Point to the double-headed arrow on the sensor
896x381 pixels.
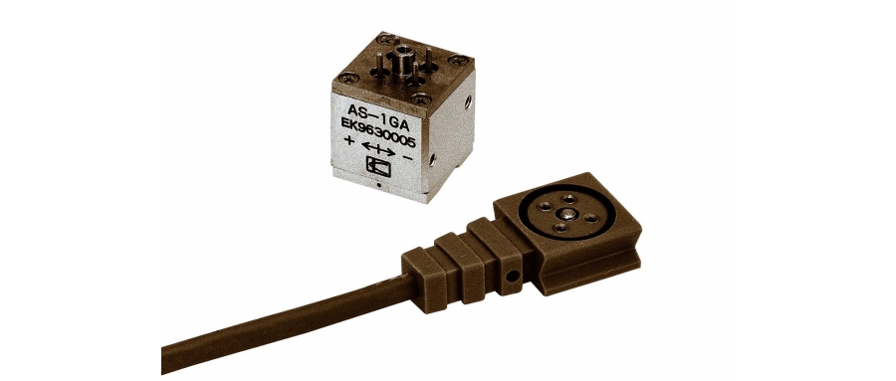(379, 150)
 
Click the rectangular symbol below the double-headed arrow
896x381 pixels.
(380, 171)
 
